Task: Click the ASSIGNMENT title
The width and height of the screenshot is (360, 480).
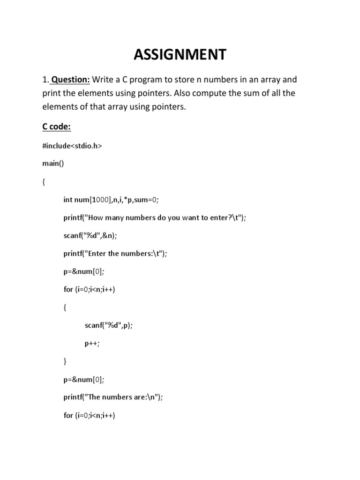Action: (180, 54)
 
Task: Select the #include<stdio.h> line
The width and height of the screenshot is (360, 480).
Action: (72, 146)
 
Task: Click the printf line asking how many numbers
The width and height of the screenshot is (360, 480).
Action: (154, 217)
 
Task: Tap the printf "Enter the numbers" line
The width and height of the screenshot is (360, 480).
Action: (115, 254)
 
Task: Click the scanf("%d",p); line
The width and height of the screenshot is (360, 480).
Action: (109, 325)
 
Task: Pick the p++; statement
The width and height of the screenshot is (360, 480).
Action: (92, 343)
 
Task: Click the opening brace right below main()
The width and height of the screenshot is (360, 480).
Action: (44, 182)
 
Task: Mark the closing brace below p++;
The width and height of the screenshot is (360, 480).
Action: (65, 361)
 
